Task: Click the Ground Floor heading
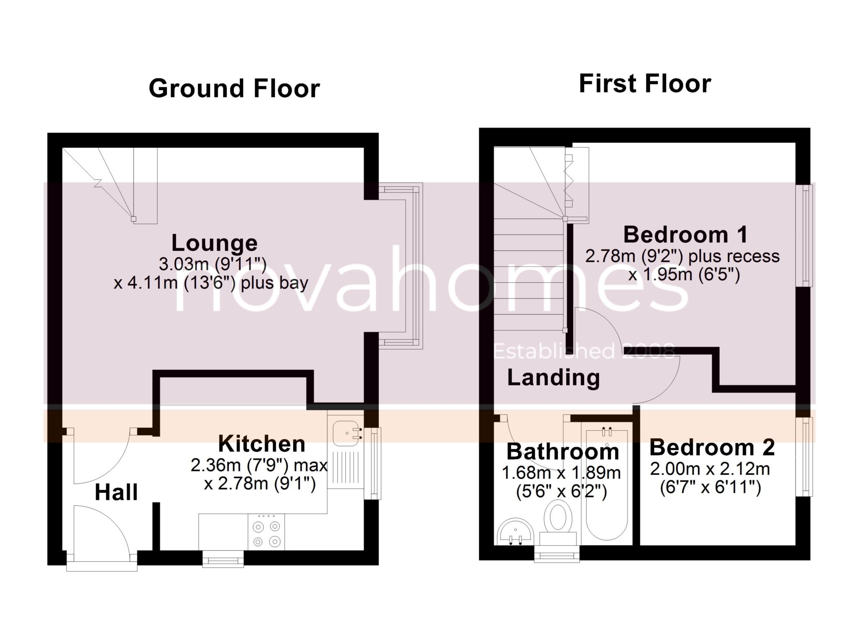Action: [234, 89]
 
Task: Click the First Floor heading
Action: [645, 84]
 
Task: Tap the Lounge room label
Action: [214, 243]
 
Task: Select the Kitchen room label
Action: [262, 444]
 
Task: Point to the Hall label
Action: [116, 492]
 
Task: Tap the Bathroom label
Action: [562, 452]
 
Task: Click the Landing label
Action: [553, 377]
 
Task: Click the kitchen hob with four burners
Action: [266, 532]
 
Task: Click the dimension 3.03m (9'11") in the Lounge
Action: [212, 264]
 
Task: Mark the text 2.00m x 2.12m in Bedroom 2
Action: [710, 469]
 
